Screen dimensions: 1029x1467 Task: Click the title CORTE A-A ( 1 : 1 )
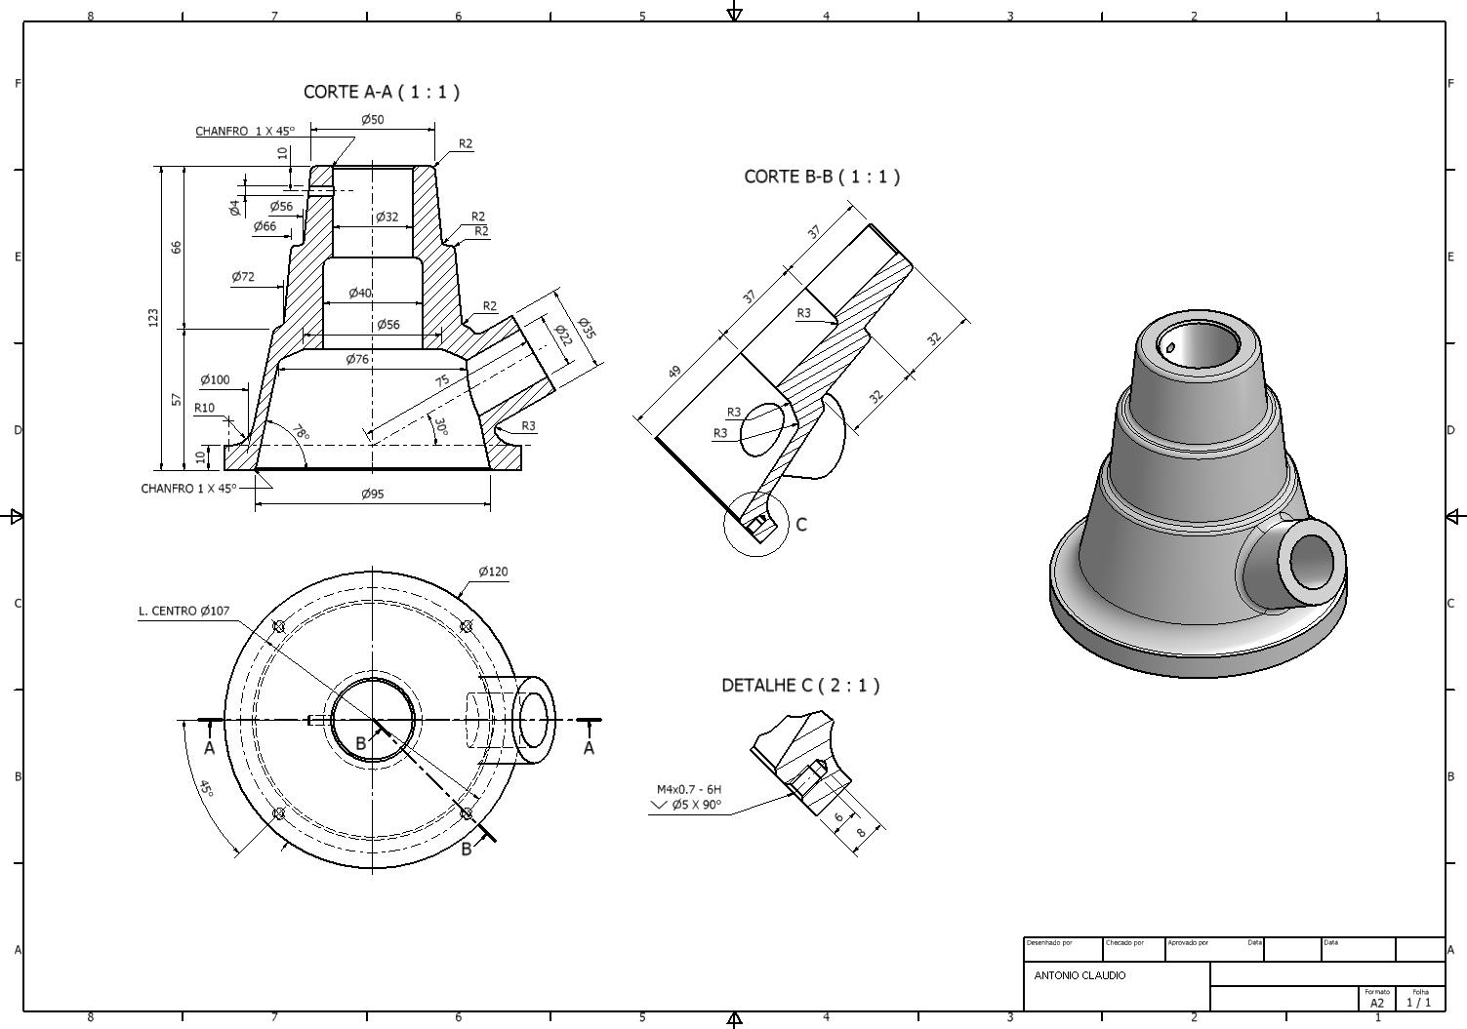click(x=382, y=92)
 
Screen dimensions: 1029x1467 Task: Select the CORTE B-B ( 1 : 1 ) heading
click(x=822, y=177)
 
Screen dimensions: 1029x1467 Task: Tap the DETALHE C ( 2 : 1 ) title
click(x=800, y=686)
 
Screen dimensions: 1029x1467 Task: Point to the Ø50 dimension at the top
click(x=373, y=120)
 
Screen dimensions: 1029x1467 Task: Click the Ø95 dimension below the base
click(x=373, y=494)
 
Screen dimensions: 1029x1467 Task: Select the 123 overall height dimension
click(x=153, y=317)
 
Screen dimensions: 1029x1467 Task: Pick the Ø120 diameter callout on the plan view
click(x=493, y=572)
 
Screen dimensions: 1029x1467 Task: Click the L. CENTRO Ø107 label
click(x=184, y=612)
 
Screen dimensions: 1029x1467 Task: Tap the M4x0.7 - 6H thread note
click(x=689, y=789)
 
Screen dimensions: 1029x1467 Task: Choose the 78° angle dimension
click(x=300, y=432)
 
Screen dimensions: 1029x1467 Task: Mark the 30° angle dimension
click(x=440, y=427)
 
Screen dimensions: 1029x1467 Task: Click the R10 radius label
click(x=205, y=408)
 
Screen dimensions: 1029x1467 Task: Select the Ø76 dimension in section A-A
click(x=358, y=360)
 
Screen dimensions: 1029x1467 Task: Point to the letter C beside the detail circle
click(x=801, y=525)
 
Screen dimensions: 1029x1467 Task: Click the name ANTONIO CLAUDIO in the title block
click(x=1080, y=975)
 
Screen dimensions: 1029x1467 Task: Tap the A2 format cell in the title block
click(x=1376, y=1003)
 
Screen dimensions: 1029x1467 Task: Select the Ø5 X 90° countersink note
click(x=696, y=805)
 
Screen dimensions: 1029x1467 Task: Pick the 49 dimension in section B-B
click(x=674, y=372)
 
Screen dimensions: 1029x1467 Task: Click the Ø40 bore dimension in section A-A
click(x=360, y=293)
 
